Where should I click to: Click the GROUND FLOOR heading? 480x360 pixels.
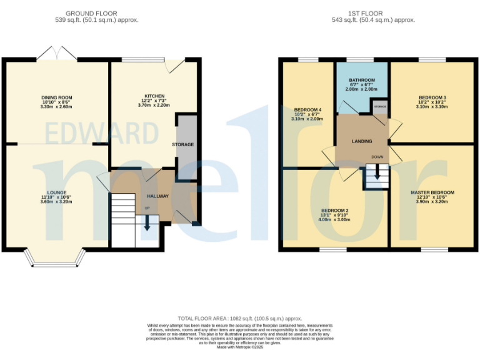point(97,13)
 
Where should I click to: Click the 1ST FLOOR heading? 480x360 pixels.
point(374,13)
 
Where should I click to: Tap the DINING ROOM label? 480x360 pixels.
point(57,97)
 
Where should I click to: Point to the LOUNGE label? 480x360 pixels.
point(56,192)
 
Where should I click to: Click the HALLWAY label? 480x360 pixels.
point(157,196)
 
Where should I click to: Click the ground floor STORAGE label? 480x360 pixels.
point(183,144)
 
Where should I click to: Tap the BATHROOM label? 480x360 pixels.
point(362,80)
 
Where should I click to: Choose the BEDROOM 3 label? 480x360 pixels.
point(432,97)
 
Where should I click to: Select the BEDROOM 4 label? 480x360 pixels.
point(307,110)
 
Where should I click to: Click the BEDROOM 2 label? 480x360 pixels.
point(334,210)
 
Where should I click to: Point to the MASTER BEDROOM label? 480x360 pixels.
point(432,192)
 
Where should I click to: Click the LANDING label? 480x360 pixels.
point(362,141)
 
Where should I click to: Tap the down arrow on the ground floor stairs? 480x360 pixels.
point(147,223)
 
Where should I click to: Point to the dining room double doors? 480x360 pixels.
point(57,54)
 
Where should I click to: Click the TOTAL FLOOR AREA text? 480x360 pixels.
point(239,318)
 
